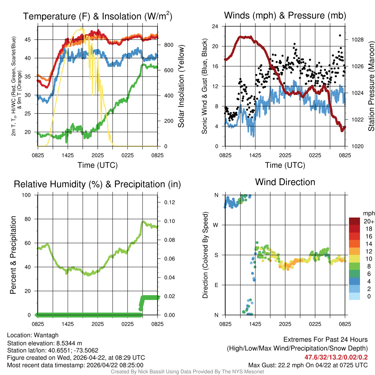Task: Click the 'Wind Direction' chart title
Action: point(285,182)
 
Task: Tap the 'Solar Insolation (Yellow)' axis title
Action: point(181,86)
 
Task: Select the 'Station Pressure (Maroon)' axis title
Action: point(371,86)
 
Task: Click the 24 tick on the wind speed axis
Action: point(216,26)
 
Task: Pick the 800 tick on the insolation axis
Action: point(168,45)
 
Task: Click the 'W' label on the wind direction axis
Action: point(216,225)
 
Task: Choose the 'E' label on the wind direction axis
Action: point(216,285)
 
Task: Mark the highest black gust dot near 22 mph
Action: point(340,36)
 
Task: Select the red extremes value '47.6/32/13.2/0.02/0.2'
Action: point(336,357)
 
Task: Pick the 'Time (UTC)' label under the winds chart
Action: point(285,165)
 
